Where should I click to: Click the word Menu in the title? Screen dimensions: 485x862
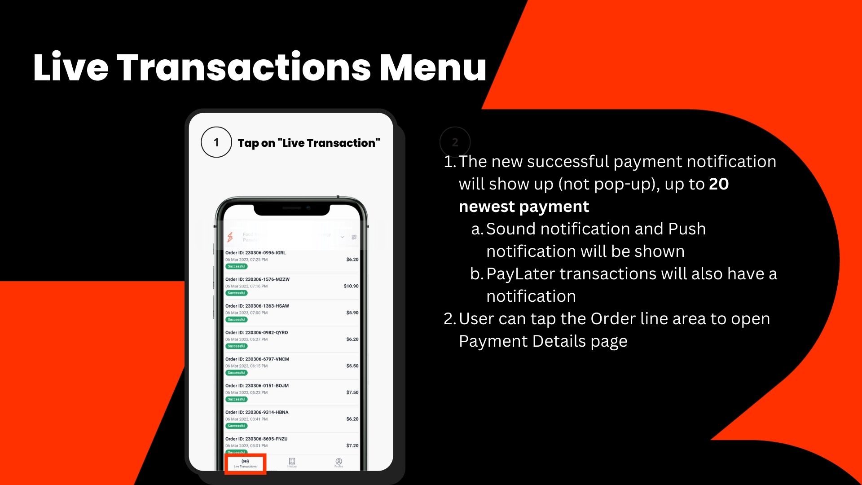[433, 67]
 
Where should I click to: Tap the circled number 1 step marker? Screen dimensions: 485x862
[216, 142]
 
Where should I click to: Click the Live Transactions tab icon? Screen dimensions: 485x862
[245, 461]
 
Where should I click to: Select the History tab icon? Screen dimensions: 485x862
[292, 461]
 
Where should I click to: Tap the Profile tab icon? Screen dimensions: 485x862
[339, 461]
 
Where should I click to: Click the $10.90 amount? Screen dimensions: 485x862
[351, 286]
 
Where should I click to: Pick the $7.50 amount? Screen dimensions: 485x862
[352, 392]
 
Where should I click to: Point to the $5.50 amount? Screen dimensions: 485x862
[352, 366]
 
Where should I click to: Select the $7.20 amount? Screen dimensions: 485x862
[352, 445]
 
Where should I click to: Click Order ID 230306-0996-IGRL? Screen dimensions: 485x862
[255, 253]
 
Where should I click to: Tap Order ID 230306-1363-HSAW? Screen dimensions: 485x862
[257, 306]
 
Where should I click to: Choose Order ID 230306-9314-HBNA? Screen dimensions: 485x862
[257, 412]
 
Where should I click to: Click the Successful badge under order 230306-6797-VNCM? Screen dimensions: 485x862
[237, 373]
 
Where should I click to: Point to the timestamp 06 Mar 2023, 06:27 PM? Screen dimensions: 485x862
[246, 339]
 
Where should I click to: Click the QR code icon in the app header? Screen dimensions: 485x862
[354, 237]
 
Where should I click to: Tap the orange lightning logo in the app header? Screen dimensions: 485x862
[230, 237]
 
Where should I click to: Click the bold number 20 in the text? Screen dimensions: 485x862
[719, 184]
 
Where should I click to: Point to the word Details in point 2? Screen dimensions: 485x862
[559, 341]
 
